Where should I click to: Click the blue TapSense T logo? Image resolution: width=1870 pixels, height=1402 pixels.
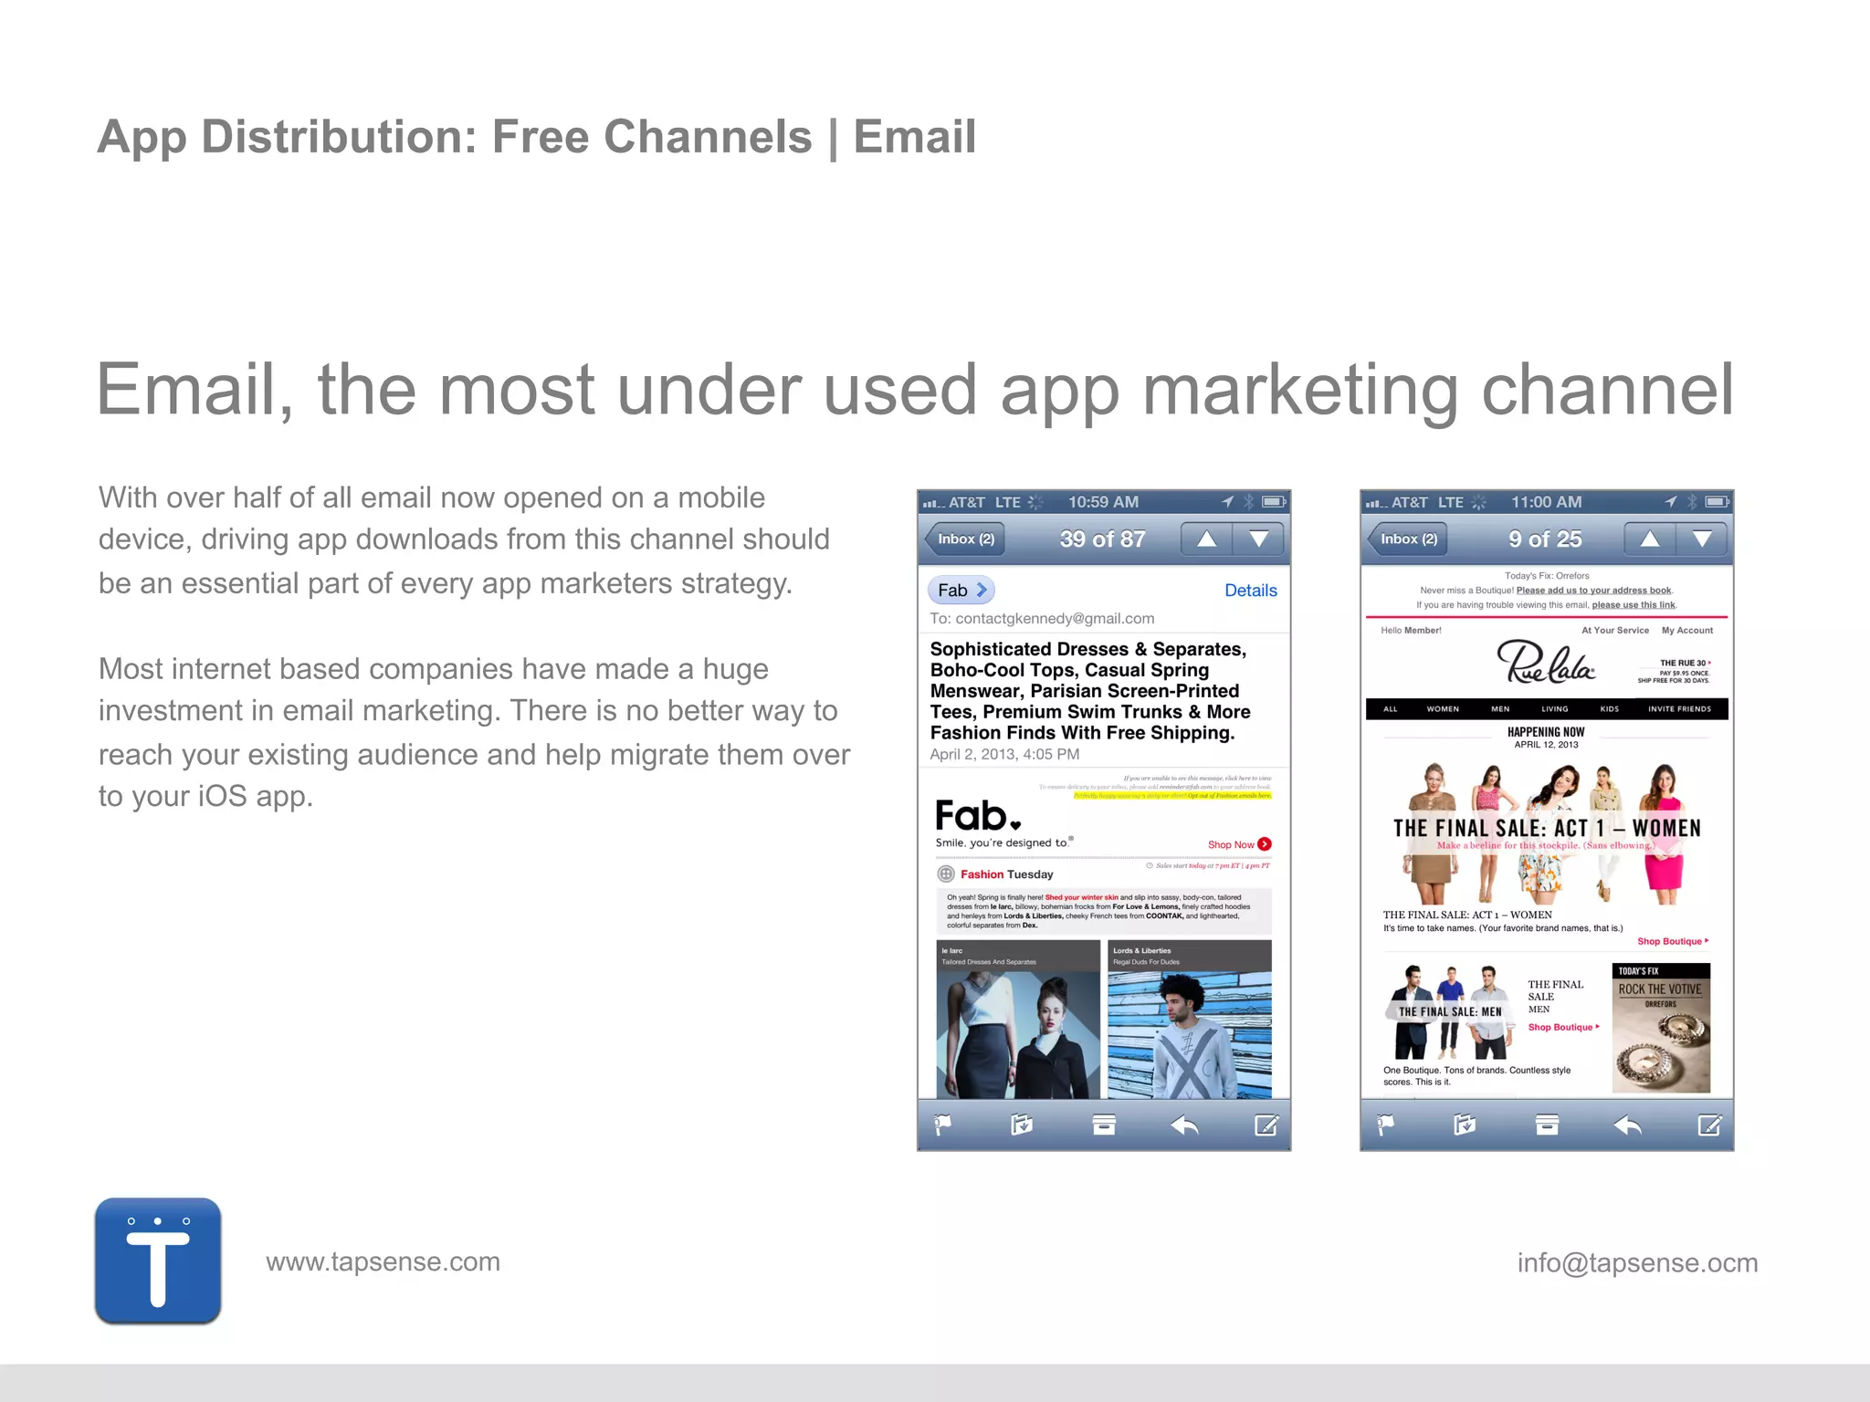tap(158, 1261)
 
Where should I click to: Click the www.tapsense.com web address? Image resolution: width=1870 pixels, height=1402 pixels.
tap(383, 1261)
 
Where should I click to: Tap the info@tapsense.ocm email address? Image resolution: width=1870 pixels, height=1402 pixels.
tap(1637, 1262)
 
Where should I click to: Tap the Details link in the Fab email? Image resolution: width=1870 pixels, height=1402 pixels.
tap(1250, 591)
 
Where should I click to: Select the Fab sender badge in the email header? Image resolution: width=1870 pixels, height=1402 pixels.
tap(961, 591)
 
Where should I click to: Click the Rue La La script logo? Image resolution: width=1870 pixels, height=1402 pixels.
tap(1545, 663)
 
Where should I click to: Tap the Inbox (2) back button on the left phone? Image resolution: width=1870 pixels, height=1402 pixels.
tap(965, 539)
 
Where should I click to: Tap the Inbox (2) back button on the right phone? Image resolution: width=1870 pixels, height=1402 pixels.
tap(1408, 539)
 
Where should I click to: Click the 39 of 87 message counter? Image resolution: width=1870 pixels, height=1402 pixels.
tap(1102, 539)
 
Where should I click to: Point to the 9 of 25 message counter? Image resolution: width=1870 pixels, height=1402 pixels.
tap(1545, 539)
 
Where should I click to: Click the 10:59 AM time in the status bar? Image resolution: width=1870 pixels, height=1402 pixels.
tap(1103, 502)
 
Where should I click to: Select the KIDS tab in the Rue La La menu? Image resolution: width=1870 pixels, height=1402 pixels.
tap(1609, 709)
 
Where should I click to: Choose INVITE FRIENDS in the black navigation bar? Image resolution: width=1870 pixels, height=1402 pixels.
tap(1679, 709)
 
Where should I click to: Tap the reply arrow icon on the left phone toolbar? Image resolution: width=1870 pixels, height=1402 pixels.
tap(1184, 1125)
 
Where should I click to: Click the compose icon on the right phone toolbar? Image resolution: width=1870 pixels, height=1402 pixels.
tap(1709, 1125)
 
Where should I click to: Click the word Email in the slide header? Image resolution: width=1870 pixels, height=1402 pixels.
tap(914, 137)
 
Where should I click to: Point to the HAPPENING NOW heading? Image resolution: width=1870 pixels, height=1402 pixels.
tap(1545, 732)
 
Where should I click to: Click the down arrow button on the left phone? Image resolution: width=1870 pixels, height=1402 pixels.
tap(1258, 539)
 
